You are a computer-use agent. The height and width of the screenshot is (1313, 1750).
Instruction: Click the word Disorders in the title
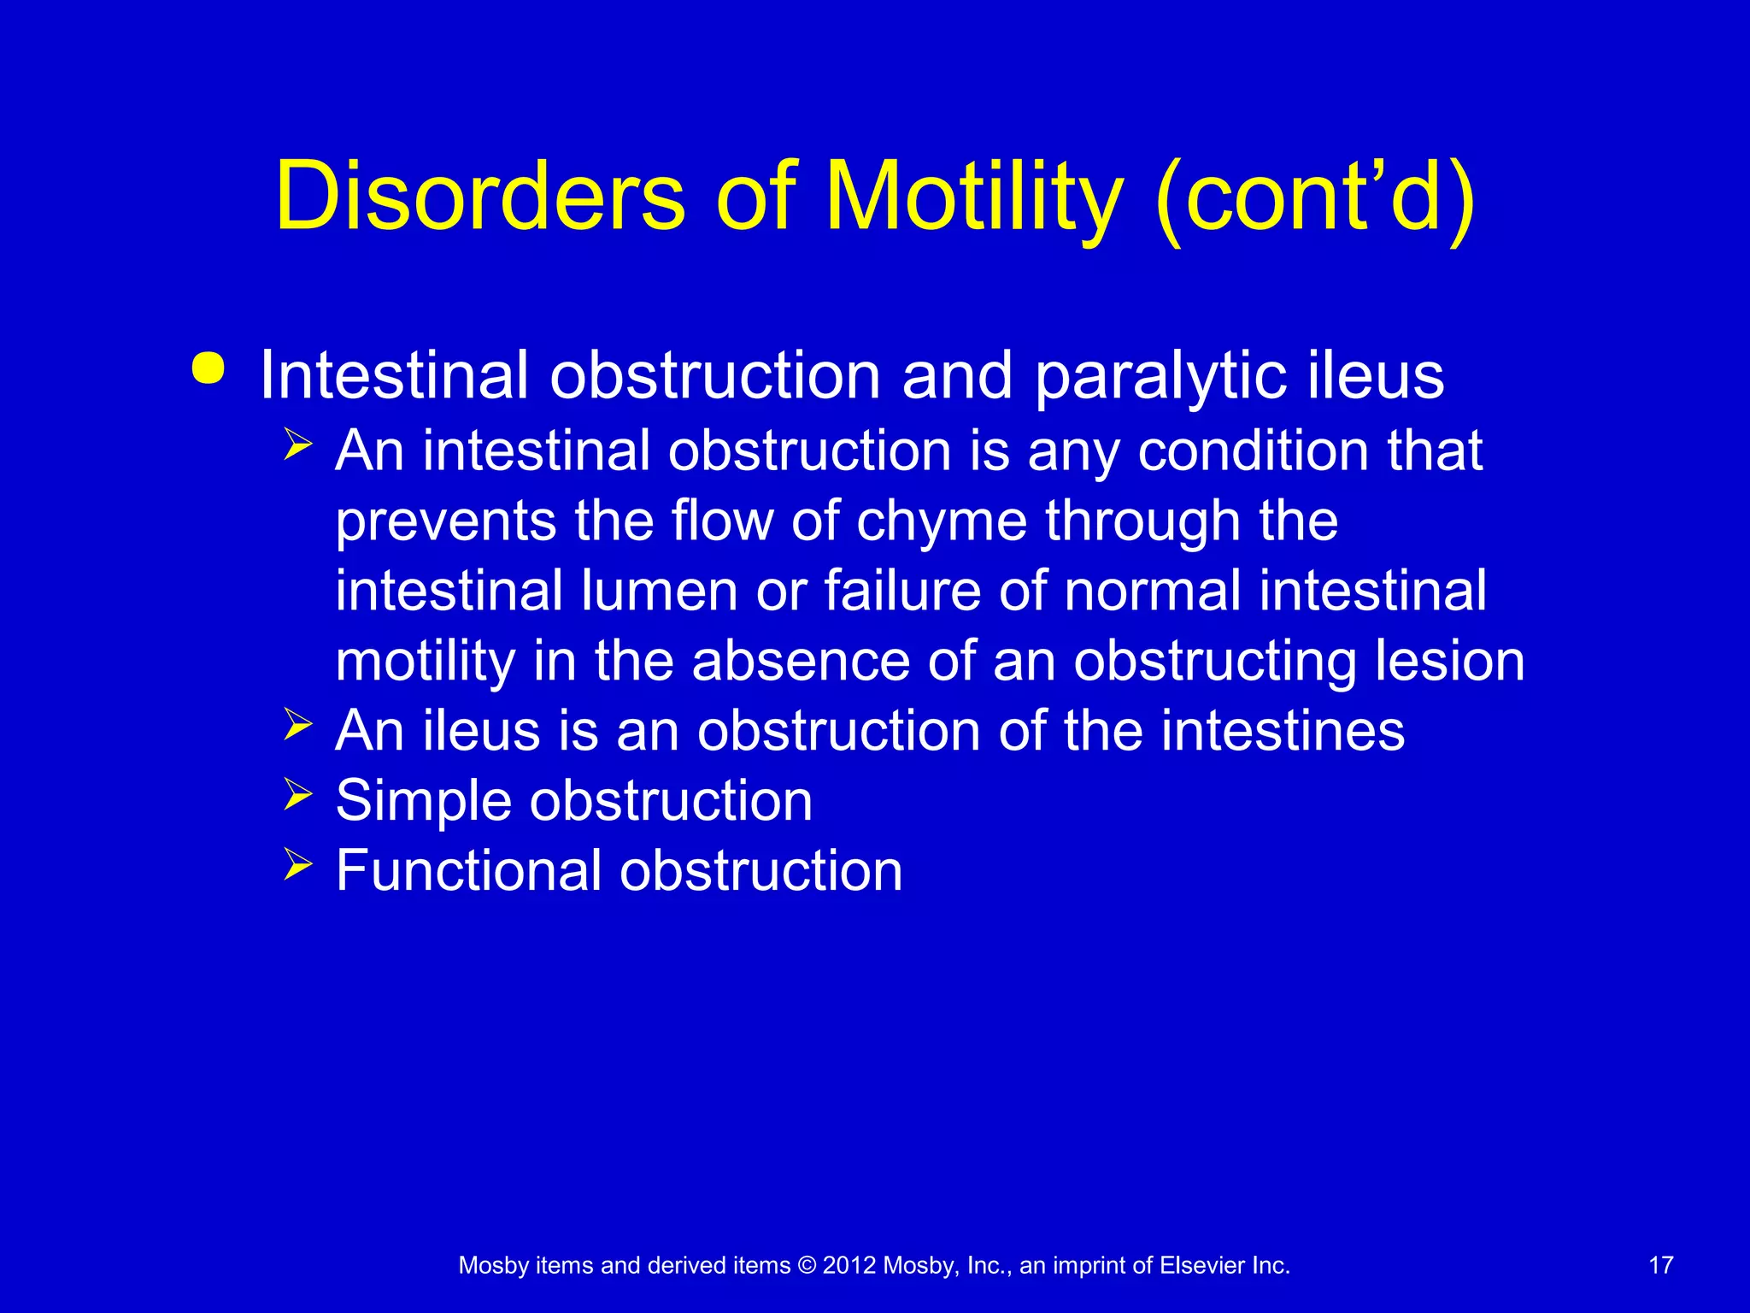click(479, 197)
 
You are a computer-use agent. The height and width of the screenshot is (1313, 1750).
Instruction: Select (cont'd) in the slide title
click(1314, 198)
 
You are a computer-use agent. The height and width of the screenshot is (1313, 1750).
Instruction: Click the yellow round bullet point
click(208, 369)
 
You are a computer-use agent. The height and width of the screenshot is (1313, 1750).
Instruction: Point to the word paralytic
click(1160, 376)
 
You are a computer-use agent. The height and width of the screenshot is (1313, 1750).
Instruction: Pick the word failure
click(901, 591)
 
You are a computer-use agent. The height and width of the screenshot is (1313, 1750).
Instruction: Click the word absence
click(800, 661)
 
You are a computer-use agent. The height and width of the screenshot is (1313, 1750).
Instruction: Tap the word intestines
click(1282, 731)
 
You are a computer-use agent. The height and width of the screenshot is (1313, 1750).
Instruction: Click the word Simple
click(423, 802)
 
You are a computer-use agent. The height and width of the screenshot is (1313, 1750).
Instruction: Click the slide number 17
click(1660, 1265)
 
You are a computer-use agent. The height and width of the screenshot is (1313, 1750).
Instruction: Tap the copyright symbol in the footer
click(807, 1266)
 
